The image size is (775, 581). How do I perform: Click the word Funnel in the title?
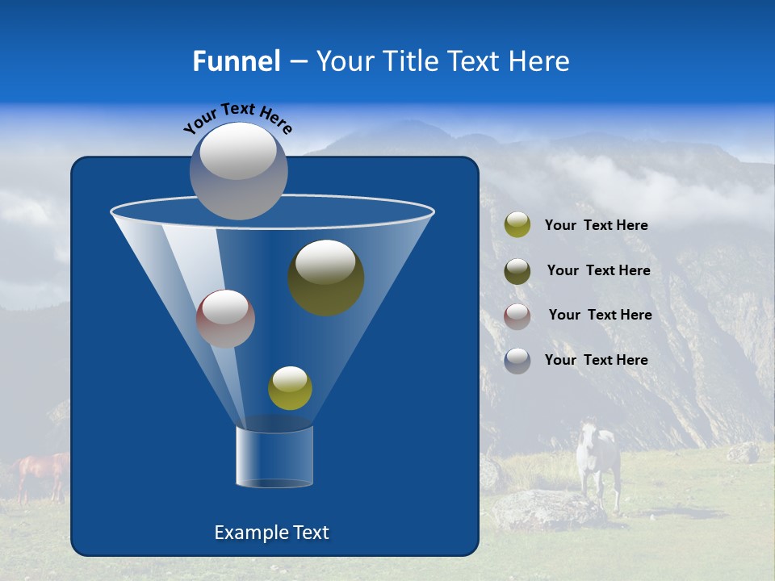[x=236, y=61]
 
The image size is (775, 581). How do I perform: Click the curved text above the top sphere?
[x=237, y=117]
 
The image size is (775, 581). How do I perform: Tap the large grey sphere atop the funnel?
[x=238, y=170]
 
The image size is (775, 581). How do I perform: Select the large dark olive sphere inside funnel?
[x=325, y=277]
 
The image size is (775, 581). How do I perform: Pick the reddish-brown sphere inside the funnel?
[x=225, y=318]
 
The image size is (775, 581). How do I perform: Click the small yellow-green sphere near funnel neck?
[x=290, y=387]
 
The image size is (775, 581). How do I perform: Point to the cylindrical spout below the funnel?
[x=274, y=457]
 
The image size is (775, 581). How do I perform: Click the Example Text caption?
[x=271, y=533]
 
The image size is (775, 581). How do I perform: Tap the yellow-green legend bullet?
[x=517, y=225]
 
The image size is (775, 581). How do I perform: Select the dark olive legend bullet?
[x=517, y=271]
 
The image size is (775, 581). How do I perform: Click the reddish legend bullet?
[x=517, y=316]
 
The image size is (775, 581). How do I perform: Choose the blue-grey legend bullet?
[x=517, y=361]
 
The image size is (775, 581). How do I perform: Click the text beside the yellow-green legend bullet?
[x=596, y=226]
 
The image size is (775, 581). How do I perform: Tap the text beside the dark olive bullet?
[x=598, y=271]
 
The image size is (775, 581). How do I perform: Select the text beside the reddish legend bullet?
[x=600, y=316]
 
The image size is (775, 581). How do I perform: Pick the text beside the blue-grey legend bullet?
[x=596, y=361]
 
